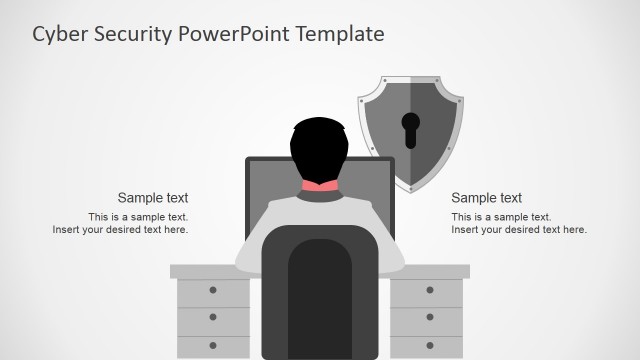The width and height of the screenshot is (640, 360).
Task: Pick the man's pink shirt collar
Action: pos(320,186)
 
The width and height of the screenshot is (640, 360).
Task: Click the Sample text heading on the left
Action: pos(153,198)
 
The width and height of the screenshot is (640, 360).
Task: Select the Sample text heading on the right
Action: pos(487,198)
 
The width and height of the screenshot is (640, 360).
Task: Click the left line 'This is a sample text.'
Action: pos(138,217)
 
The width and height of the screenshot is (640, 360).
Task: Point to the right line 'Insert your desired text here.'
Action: pos(519,230)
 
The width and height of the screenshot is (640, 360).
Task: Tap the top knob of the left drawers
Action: pos(213,290)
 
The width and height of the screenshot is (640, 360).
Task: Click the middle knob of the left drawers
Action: pos(213,316)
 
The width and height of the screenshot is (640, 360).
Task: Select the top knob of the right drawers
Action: pos(429,290)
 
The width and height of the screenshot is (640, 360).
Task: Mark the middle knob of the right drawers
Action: pos(429,316)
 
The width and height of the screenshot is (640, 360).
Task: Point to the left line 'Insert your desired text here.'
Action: pos(120,230)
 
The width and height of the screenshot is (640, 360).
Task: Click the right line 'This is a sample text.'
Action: pos(501,217)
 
